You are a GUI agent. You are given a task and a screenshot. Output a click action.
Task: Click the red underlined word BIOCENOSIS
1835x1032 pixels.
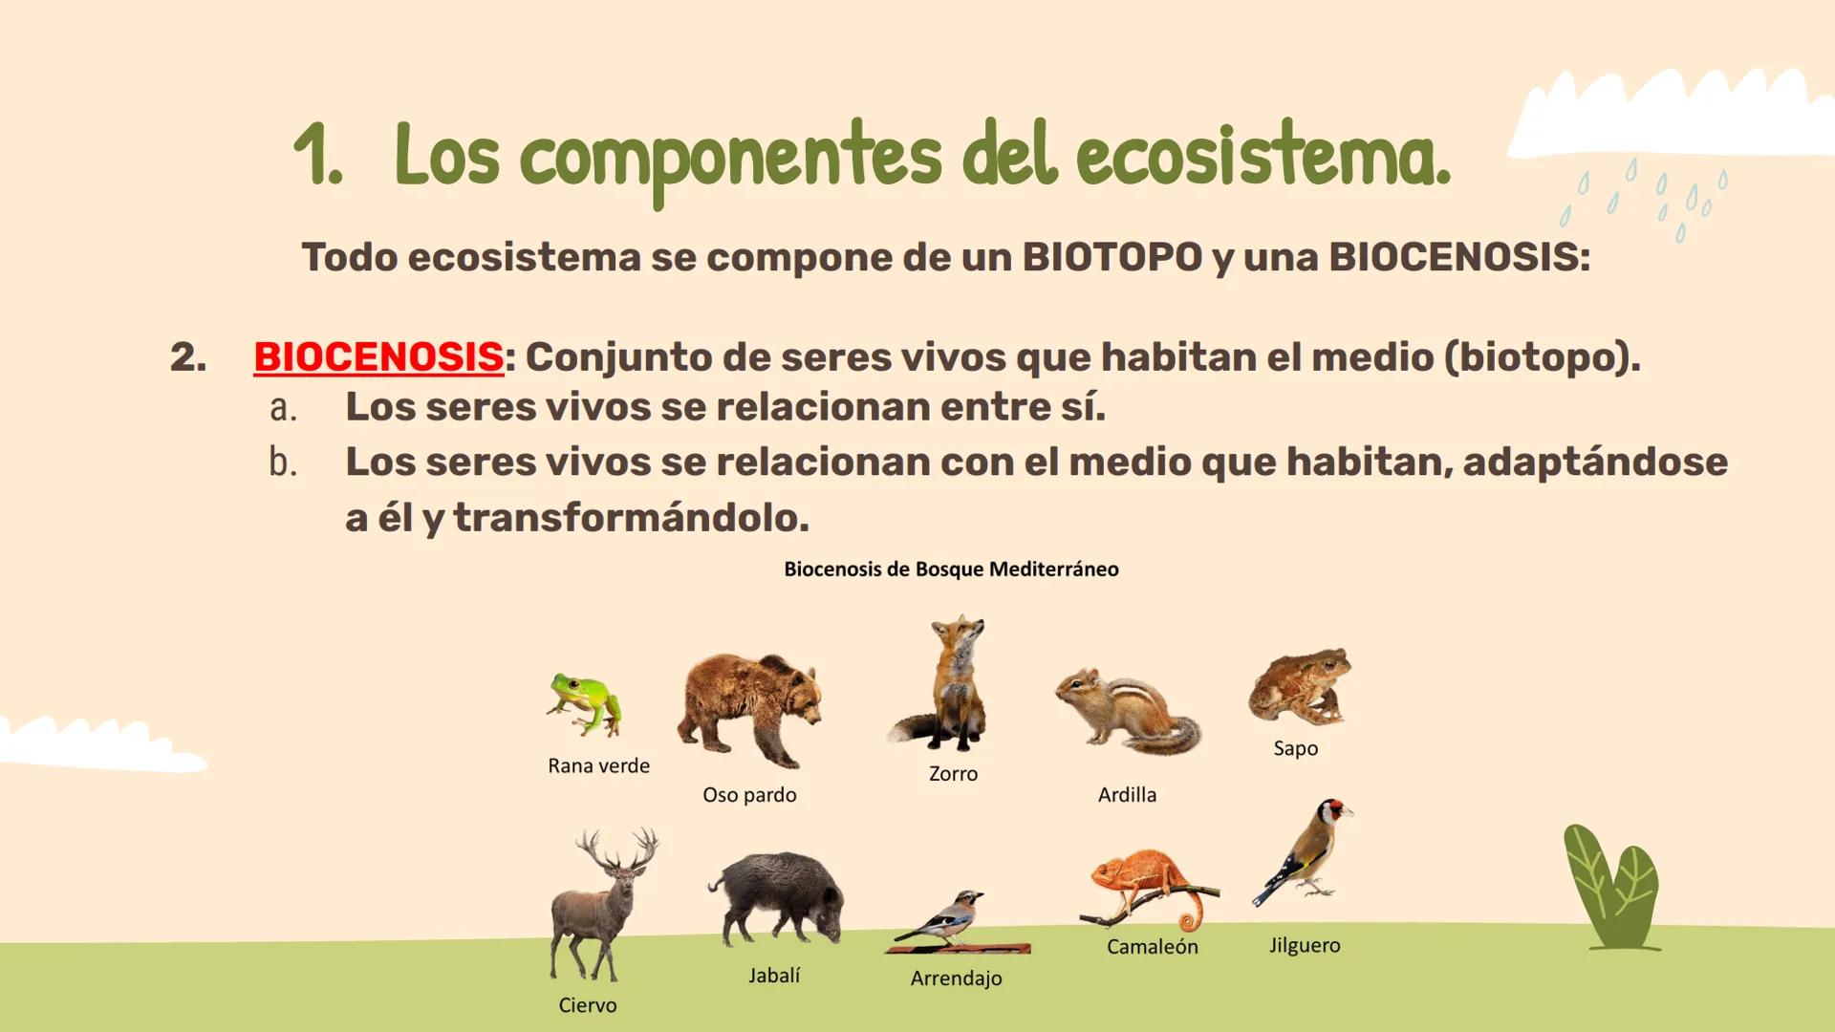click(x=378, y=357)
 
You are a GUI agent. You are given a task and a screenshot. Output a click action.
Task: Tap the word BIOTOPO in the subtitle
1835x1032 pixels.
click(x=1112, y=257)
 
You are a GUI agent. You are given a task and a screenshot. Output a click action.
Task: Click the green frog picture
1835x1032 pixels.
click(x=585, y=704)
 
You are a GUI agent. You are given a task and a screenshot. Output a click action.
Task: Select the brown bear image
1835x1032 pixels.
click(x=749, y=709)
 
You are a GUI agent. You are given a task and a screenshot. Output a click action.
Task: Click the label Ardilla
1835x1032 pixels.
click(x=1127, y=795)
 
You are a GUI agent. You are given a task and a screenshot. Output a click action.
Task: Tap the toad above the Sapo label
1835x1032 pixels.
click(x=1300, y=686)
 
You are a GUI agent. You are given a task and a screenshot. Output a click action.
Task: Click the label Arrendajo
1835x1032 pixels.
click(x=956, y=978)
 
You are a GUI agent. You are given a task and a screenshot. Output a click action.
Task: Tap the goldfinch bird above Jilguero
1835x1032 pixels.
click(x=1305, y=851)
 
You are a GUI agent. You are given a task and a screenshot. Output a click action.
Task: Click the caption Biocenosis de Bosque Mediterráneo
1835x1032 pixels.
click(x=951, y=570)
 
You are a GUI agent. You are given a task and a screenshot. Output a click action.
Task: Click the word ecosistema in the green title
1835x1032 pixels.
click(x=1261, y=157)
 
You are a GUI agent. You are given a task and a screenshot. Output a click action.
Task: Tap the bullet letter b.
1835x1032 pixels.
click(x=283, y=462)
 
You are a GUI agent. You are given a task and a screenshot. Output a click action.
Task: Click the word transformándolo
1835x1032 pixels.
click(x=631, y=518)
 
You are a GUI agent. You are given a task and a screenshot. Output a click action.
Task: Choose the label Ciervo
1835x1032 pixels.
click(x=588, y=1005)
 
